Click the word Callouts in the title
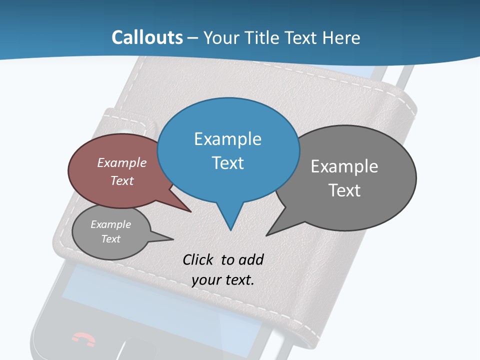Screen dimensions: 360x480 click(x=147, y=37)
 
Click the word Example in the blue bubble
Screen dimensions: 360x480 click(x=227, y=139)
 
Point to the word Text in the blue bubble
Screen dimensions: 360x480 click(x=227, y=163)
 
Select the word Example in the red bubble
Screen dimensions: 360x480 click(x=122, y=162)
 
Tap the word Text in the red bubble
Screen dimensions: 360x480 click(x=122, y=180)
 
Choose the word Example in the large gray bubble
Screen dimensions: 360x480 click(x=344, y=166)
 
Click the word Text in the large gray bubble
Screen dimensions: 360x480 click(x=344, y=190)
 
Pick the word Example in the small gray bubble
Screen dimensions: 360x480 click(x=111, y=224)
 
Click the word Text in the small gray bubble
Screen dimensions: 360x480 click(x=111, y=239)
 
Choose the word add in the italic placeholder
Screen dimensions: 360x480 click(x=251, y=259)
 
